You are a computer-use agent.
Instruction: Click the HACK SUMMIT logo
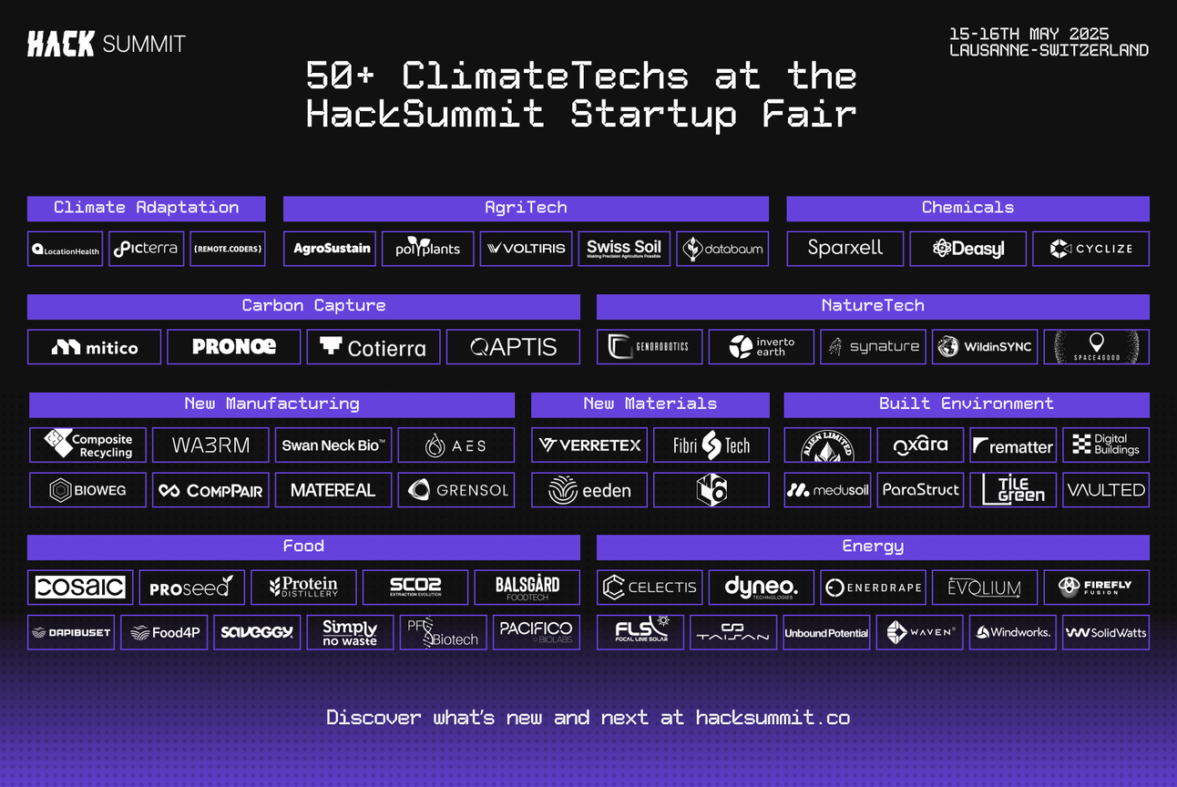click(107, 44)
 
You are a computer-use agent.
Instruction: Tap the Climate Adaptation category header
click(146, 208)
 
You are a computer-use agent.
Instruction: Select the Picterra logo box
click(146, 249)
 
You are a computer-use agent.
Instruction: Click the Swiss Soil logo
click(624, 249)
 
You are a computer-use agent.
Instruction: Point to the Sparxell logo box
click(844, 249)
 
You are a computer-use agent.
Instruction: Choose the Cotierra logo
click(374, 347)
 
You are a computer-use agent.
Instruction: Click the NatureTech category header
click(872, 306)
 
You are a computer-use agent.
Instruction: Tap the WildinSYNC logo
click(984, 347)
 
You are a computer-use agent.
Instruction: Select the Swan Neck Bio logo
click(333, 445)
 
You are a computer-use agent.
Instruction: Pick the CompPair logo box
click(210, 490)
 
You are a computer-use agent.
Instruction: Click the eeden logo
click(589, 490)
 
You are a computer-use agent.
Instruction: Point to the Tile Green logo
click(1013, 490)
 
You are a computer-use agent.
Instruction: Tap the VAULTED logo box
click(1106, 490)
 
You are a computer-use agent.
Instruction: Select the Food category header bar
click(303, 547)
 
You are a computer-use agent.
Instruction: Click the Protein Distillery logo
click(303, 588)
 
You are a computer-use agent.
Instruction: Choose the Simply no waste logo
click(350, 632)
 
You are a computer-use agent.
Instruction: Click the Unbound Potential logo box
click(826, 632)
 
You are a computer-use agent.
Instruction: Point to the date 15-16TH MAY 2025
click(1029, 35)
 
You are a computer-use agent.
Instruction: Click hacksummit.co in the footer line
click(773, 718)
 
